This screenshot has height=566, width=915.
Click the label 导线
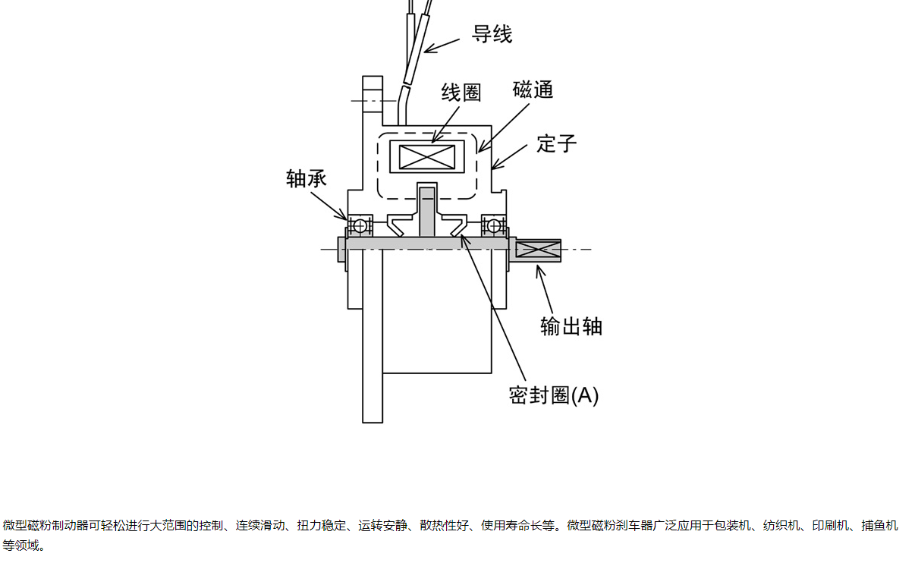pos(492,34)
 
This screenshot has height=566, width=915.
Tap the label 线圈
pos(461,93)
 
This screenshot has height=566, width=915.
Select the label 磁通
pos(533,90)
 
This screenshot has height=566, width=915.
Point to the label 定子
pos(557,143)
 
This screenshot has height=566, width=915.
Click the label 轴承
pos(307,178)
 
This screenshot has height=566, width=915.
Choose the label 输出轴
pos(571,325)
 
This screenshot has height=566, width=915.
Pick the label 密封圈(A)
pos(554,395)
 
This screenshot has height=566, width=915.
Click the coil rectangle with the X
pos(426,157)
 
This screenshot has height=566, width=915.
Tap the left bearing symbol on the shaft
pos(360,225)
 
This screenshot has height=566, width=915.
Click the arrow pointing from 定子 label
pos(509,156)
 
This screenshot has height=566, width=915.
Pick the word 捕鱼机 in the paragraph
pos(880,526)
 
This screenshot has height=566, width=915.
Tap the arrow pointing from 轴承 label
pos(329,204)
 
